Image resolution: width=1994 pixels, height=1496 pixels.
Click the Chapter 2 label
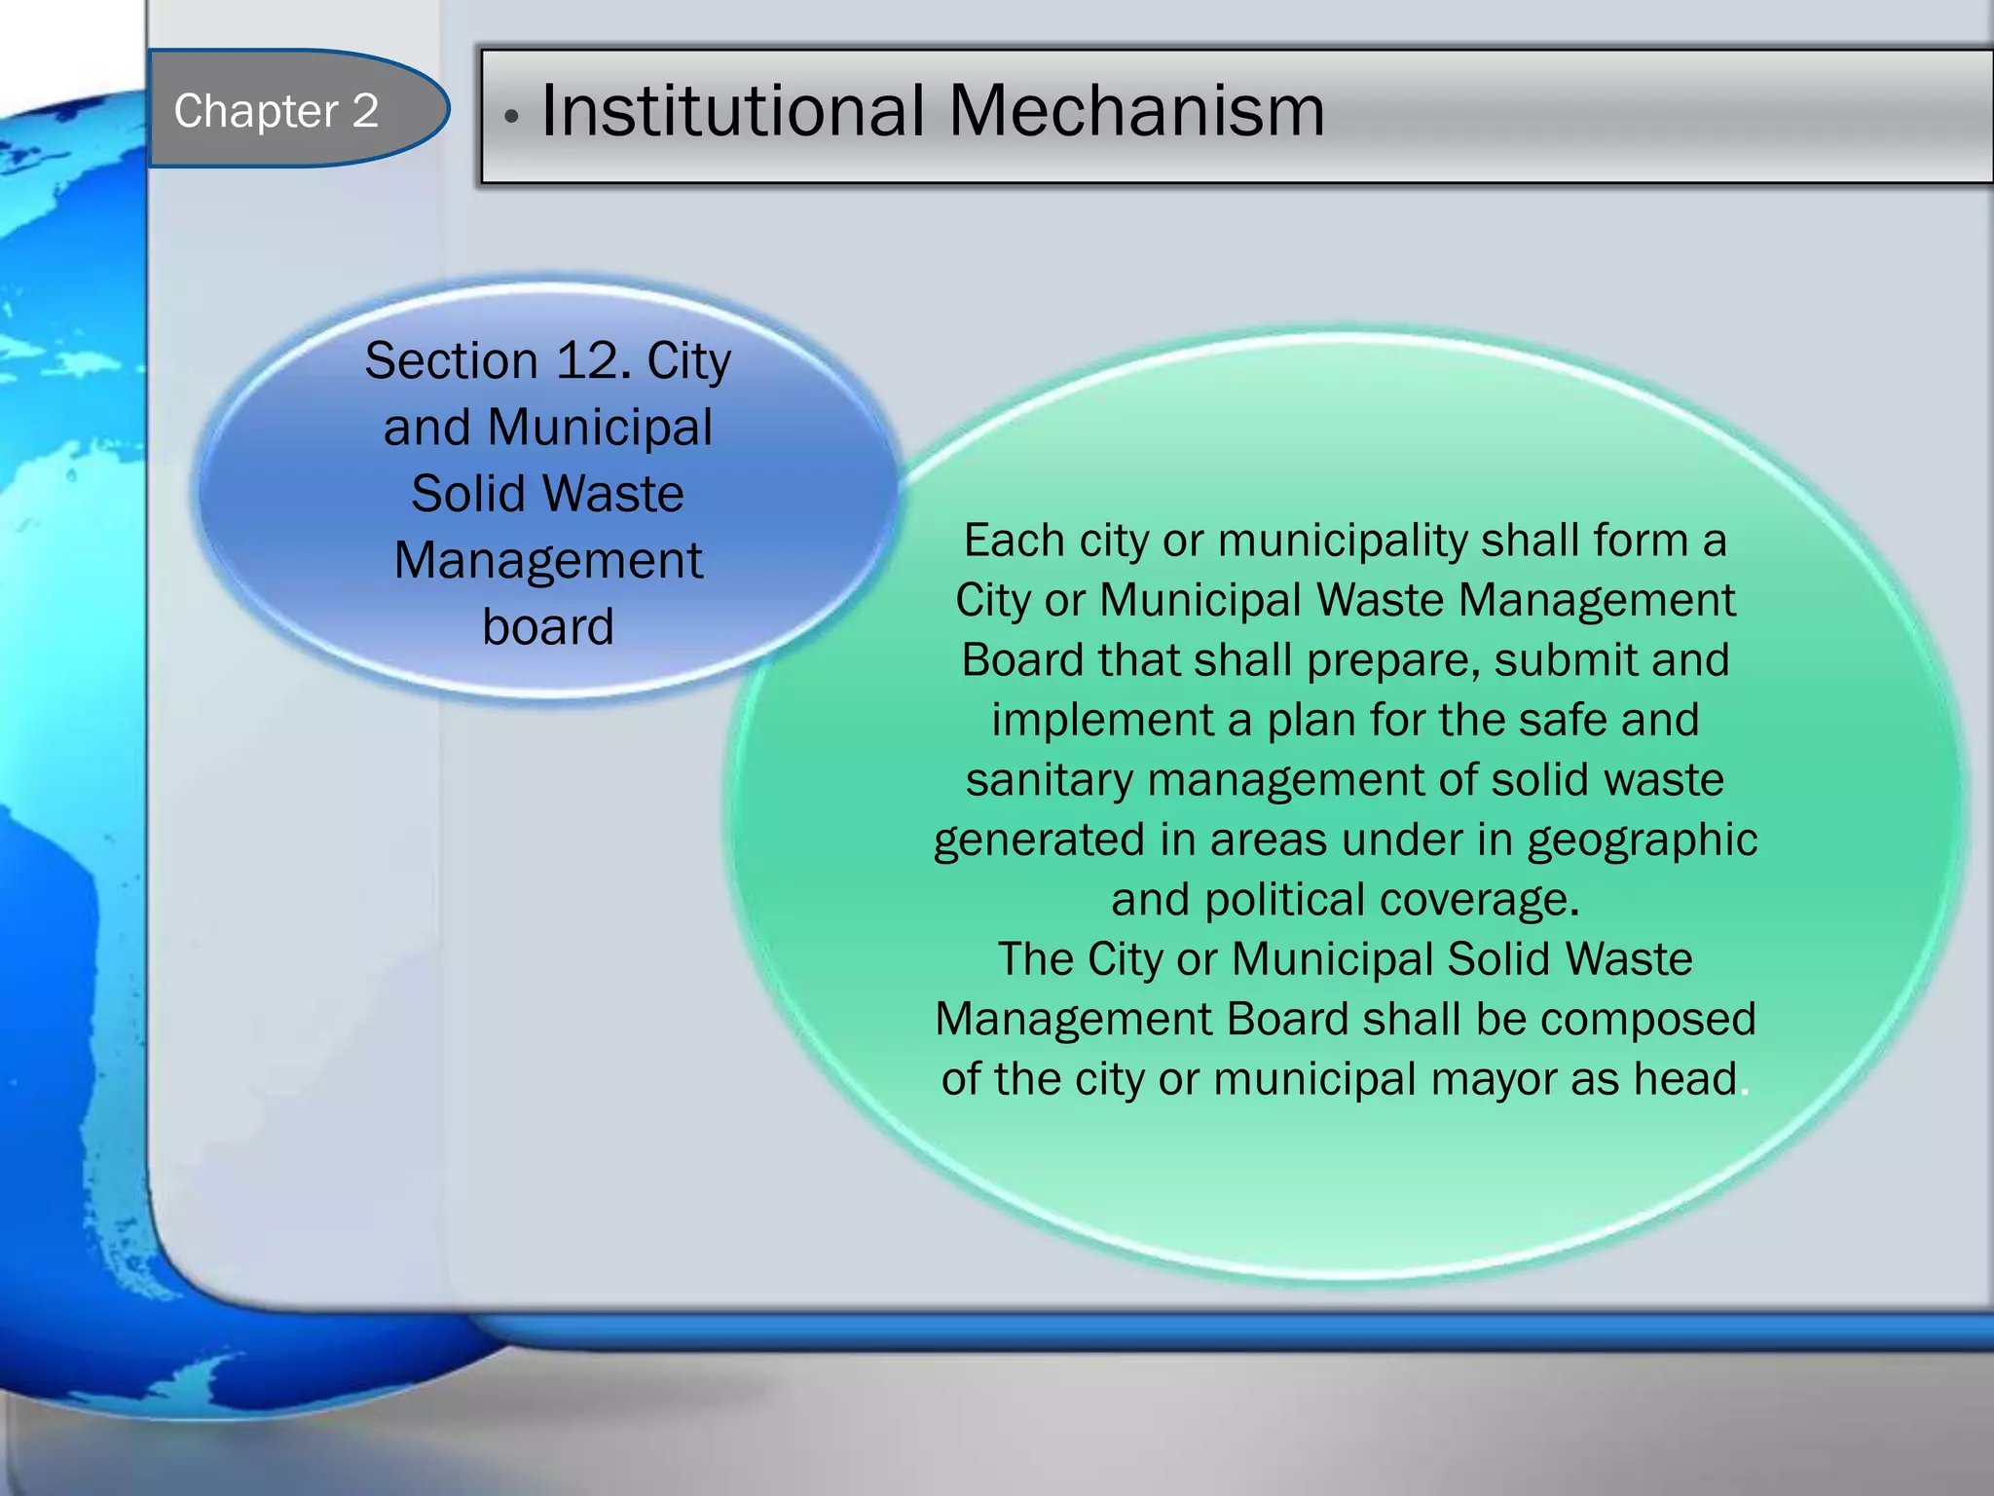pos(276,111)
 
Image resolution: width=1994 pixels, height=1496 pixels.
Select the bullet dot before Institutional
pos(511,118)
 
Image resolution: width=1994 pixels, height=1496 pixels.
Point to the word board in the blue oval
pos(548,627)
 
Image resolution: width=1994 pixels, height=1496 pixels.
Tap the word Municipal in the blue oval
pos(600,428)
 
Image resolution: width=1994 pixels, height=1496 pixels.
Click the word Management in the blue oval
pos(548,561)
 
